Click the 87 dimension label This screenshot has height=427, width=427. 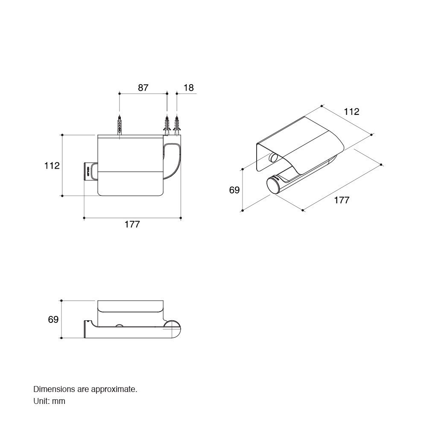143,88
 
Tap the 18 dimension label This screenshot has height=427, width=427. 188,88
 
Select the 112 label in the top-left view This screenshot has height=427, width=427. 52,166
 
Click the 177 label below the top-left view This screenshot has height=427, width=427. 132,225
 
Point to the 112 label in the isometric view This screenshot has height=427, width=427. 351,111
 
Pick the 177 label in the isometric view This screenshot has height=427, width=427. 342,200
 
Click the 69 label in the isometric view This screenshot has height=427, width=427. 234,190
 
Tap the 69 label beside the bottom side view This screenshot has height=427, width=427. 53,319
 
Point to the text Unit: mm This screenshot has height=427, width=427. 49,401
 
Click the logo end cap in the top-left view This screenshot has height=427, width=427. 88,172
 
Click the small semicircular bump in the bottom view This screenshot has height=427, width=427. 119,325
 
